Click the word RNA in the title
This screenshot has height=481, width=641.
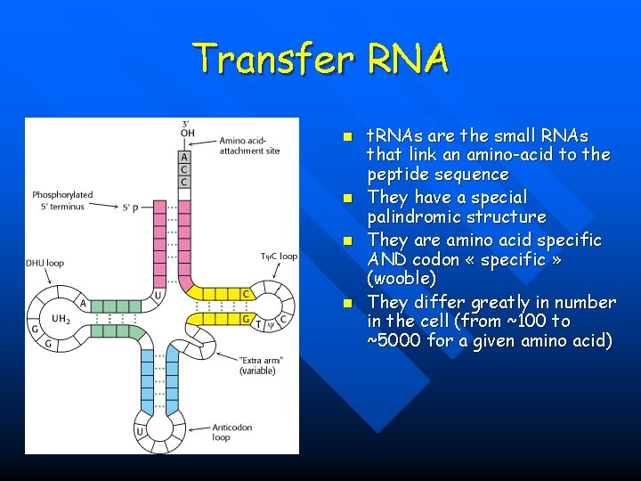[405, 60]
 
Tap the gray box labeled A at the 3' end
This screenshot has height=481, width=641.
[183, 157]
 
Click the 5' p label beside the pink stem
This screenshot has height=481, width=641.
[132, 208]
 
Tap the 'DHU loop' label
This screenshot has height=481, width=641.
[45, 262]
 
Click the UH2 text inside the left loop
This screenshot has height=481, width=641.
[61, 318]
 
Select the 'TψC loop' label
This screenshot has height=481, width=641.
[278, 257]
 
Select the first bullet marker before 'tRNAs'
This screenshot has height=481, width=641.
[350, 137]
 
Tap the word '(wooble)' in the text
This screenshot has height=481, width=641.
[402, 279]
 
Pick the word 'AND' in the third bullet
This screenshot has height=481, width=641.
[387, 259]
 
